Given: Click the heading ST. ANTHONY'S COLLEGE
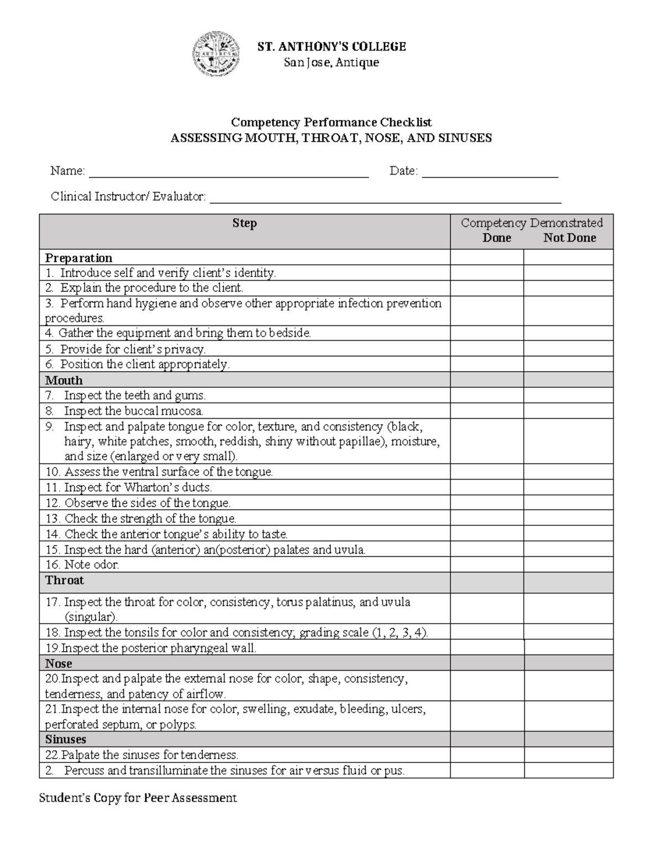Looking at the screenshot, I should click(x=331, y=47).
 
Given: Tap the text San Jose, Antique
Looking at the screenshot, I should click(x=331, y=62).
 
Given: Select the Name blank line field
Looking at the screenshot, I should click(x=229, y=172).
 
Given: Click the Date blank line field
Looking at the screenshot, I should click(x=490, y=172).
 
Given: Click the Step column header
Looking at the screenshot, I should click(x=244, y=223).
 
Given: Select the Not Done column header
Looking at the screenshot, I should click(x=569, y=238).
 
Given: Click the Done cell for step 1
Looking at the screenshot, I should click(x=487, y=273).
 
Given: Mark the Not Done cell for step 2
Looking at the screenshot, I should click(x=569, y=288).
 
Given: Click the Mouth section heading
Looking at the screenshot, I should click(x=64, y=380).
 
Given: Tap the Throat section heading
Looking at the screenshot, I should click(x=65, y=580).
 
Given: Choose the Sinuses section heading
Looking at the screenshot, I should click(x=66, y=739).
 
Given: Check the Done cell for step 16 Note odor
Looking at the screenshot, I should click(x=487, y=565).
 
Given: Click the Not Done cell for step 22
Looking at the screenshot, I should click(x=569, y=755).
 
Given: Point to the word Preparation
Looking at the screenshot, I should click(x=78, y=258).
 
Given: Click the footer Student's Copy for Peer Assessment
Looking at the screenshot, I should click(x=138, y=798).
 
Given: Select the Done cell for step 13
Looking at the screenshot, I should click(x=487, y=518).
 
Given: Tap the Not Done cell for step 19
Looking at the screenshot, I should click(x=569, y=648).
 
